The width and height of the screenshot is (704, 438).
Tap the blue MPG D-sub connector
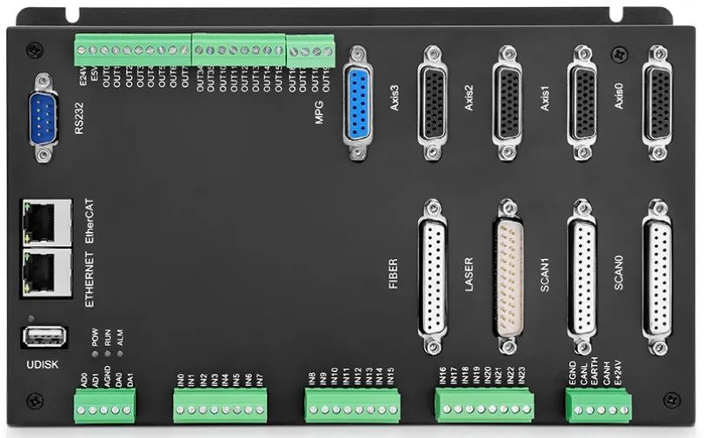(358, 103)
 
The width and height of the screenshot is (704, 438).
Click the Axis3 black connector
(432, 102)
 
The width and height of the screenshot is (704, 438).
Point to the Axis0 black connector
(656, 102)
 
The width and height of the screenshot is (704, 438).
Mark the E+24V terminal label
(618, 373)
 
